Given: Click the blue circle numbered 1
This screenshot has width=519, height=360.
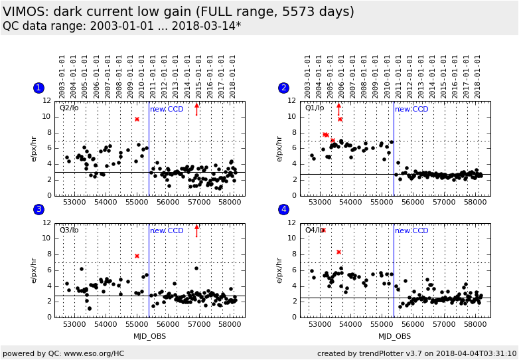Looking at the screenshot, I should (38, 88).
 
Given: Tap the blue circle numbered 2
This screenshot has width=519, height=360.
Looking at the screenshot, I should (283, 88).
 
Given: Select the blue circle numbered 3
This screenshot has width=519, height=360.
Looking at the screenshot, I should (38, 210).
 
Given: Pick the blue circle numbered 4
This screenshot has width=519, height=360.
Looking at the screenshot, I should (283, 210).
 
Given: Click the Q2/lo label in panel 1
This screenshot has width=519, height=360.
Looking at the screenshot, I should (69, 108).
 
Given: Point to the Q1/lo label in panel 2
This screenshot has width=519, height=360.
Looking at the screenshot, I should (314, 108).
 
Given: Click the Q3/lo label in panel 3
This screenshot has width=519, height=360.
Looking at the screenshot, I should (69, 230).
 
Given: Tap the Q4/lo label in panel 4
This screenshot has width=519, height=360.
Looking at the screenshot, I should (314, 230).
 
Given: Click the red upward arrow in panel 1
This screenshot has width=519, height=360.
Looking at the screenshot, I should (196, 109).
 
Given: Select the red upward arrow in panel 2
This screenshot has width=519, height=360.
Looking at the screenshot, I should (338, 110).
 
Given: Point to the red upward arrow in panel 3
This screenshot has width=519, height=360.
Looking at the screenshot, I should (196, 230).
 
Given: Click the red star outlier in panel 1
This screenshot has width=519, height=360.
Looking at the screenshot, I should (137, 119).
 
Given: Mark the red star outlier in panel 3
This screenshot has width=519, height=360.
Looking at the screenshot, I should (137, 256).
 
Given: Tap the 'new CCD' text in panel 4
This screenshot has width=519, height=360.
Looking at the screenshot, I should (411, 231).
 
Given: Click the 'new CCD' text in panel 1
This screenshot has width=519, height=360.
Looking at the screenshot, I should (167, 109).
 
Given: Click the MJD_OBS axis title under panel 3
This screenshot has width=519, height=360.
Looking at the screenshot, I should (149, 336).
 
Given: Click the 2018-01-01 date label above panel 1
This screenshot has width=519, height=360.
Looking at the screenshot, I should (233, 76).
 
